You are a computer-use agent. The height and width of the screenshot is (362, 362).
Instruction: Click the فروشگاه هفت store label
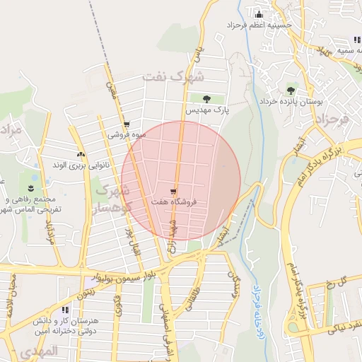(x=174, y=202)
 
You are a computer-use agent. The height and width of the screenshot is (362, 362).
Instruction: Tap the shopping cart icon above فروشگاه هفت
(x=174, y=191)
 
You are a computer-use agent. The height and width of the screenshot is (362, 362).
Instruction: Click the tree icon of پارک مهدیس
(x=206, y=99)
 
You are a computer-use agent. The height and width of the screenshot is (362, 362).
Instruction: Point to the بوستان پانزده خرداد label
(x=296, y=101)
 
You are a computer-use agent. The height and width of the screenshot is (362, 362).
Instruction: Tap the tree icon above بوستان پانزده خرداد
(x=291, y=90)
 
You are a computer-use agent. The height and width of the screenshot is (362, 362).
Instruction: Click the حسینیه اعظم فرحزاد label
(x=259, y=25)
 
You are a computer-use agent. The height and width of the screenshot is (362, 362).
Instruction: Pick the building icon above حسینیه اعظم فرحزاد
(x=259, y=13)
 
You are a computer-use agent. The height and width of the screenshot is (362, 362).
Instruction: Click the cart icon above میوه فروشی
(x=127, y=124)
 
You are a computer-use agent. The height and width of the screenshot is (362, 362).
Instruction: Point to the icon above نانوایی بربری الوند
(x=80, y=154)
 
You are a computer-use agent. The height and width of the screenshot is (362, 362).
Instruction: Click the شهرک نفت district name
(x=173, y=76)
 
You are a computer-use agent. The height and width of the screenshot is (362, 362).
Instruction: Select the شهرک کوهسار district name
(x=112, y=199)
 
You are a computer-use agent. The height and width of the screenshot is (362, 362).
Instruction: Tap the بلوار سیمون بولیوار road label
(x=131, y=274)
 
